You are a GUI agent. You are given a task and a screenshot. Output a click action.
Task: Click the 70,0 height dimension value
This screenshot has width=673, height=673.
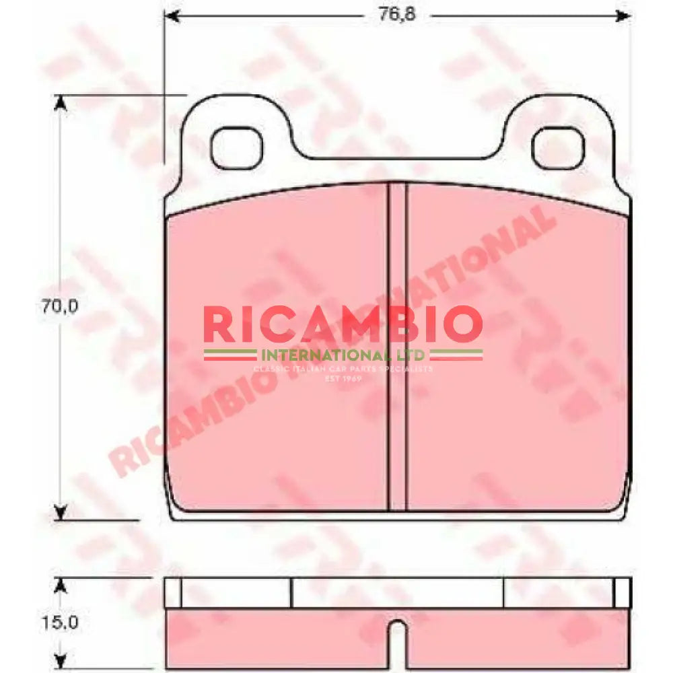60,307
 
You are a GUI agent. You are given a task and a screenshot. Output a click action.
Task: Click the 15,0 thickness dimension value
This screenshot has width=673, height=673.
60,623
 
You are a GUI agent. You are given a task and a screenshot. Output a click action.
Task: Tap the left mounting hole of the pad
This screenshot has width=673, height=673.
236,148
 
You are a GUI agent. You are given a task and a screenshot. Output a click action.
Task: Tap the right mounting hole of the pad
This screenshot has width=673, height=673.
558,148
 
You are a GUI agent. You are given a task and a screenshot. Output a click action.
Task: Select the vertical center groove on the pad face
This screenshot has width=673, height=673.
398,347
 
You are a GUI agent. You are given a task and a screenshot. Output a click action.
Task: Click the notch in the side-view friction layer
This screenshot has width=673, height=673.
398,643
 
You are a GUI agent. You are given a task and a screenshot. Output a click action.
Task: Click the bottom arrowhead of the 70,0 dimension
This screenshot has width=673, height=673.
61,513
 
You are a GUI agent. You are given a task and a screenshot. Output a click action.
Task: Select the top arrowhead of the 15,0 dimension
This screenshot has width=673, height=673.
61,585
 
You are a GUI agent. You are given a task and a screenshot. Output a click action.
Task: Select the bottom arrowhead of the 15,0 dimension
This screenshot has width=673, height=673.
61,662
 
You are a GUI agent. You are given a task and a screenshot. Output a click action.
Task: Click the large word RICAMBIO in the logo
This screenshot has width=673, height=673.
343,324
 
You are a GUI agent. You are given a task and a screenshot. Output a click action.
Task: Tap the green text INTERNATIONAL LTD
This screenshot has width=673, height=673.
343,354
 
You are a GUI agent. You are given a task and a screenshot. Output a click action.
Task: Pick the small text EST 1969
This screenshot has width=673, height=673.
343,379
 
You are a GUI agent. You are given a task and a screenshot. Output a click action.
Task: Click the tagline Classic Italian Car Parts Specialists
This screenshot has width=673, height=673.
343,369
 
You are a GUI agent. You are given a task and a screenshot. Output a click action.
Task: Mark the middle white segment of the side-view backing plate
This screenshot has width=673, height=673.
397,592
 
